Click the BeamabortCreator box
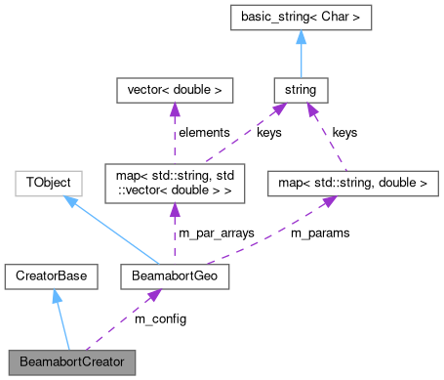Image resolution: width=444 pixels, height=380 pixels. tap(71, 361)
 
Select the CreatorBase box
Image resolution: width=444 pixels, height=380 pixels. tap(52, 277)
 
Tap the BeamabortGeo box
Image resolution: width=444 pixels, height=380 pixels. tap(174, 277)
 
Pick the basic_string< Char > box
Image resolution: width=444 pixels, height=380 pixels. tap(301, 18)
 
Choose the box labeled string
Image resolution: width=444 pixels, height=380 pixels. tap(301, 91)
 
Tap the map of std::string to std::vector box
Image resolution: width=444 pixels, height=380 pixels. tap(175, 181)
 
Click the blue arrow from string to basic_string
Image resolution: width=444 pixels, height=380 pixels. tap(301, 59)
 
